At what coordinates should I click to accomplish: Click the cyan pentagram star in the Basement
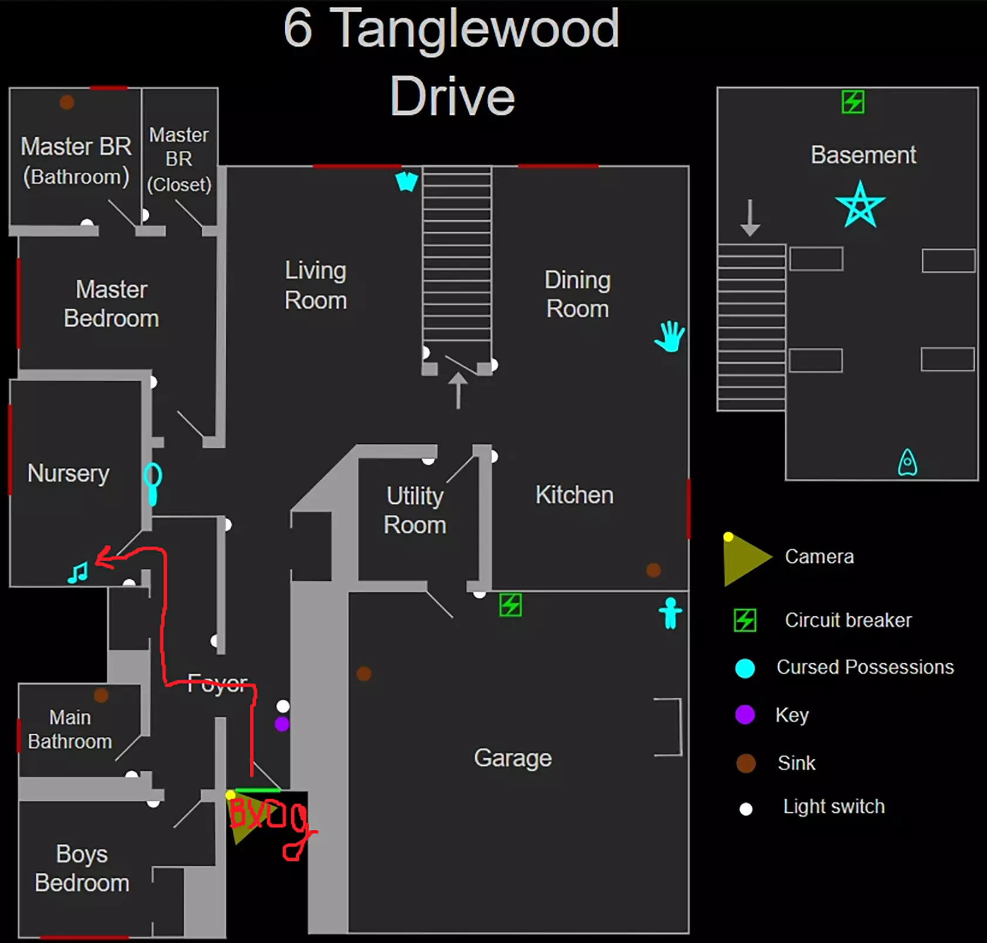(x=860, y=205)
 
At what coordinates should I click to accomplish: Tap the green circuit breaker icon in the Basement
(x=853, y=101)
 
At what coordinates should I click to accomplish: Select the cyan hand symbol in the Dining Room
(x=670, y=336)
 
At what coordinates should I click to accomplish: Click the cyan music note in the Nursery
(x=78, y=572)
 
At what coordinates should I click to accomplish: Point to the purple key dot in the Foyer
(x=282, y=724)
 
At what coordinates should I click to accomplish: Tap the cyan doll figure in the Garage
(x=670, y=613)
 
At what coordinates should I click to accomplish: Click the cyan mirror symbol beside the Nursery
(x=153, y=483)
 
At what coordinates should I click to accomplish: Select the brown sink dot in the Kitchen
(x=653, y=569)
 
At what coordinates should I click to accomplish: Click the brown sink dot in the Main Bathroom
(x=101, y=695)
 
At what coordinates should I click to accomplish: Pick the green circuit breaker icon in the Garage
(x=510, y=605)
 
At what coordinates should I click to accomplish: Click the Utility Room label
(x=415, y=510)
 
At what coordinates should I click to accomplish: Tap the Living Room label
(x=316, y=285)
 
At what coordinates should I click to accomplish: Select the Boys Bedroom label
(x=82, y=868)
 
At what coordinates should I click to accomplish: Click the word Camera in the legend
(x=819, y=557)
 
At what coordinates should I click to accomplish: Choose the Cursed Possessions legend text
(x=865, y=667)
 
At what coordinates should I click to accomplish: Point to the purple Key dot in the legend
(x=745, y=715)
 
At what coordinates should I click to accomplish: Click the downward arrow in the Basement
(x=750, y=218)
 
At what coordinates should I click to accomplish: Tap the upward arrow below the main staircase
(x=458, y=389)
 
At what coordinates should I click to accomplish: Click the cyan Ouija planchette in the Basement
(x=907, y=462)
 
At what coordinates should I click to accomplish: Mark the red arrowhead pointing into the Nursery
(x=104, y=558)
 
